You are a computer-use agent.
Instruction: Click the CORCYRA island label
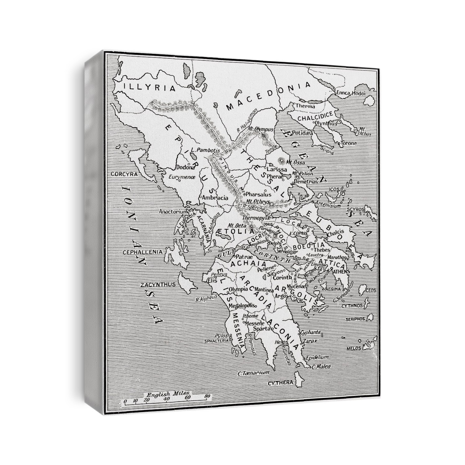124,174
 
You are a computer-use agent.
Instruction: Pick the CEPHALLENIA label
143,252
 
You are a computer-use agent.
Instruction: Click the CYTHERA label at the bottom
280,383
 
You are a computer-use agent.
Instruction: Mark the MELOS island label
354,348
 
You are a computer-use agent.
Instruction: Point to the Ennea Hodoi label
351,93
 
